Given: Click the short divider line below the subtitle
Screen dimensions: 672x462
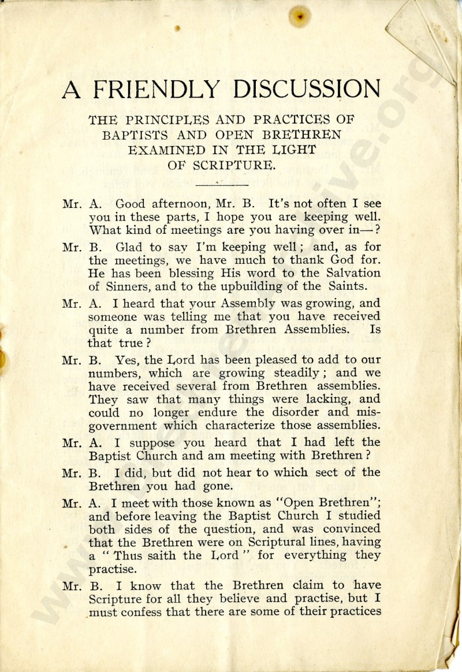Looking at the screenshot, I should (222, 184).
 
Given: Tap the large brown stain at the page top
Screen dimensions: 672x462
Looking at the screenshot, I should (300, 16).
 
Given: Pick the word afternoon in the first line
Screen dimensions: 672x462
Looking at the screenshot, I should (177, 204).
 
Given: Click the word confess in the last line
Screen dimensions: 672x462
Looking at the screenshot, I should (142, 612).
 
